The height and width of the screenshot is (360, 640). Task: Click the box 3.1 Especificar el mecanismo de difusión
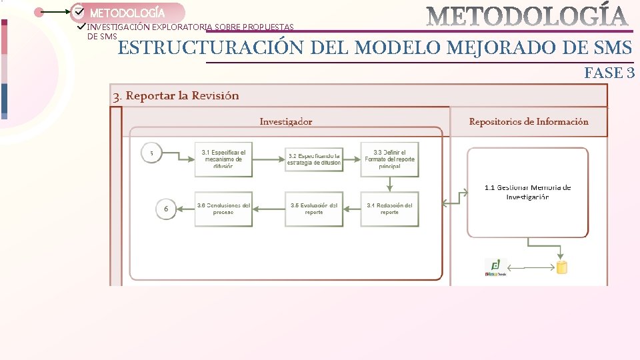click(223, 159)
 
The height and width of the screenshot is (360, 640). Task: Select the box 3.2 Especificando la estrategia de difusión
click(314, 159)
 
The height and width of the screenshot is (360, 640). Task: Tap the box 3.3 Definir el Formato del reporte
click(389, 159)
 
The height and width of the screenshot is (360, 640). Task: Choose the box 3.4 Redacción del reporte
click(389, 209)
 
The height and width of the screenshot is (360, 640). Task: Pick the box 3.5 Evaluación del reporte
click(314, 209)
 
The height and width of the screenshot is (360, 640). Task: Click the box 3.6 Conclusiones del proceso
click(223, 209)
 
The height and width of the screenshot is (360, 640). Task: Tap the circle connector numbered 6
click(166, 209)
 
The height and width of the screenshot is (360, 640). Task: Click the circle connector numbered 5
click(151, 153)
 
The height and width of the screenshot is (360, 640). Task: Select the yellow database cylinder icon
click(562, 267)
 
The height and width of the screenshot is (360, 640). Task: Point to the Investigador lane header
click(285, 121)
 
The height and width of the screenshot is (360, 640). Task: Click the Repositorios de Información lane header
click(529, 121)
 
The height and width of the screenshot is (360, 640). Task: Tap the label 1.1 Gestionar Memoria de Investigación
click(527, 192)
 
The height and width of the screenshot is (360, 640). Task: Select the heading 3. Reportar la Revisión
click(176, 96)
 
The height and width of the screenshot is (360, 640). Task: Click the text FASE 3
click(609, 73)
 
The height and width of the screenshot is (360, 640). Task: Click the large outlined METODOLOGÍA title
click(527, 17)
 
